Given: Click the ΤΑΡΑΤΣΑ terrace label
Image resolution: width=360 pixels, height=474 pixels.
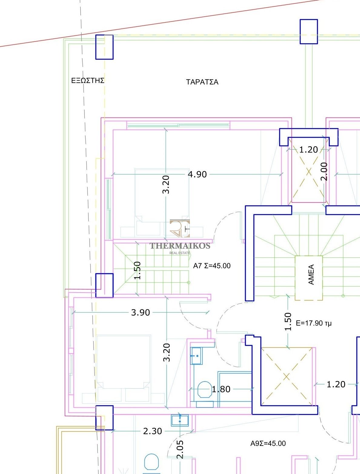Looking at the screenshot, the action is point(202,82).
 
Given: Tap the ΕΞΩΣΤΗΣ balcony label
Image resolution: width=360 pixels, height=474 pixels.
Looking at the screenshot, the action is point(88,81).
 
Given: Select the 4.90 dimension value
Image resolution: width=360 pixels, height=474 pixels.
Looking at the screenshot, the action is point(197,174).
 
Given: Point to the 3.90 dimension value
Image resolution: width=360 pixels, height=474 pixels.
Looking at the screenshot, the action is point(140,313).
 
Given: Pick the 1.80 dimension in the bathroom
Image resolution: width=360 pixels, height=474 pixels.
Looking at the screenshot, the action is point(221,389).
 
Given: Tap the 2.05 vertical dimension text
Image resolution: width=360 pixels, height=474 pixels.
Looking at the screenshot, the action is point(180,449).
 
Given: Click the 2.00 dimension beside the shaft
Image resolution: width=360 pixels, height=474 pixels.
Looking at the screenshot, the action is point(324,171).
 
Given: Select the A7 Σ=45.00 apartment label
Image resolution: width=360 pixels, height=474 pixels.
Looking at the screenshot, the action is point(212,266).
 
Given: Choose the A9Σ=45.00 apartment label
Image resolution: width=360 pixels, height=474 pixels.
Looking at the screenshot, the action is point(268,443).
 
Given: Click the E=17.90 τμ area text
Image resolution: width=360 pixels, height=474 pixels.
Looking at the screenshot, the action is point(314,323).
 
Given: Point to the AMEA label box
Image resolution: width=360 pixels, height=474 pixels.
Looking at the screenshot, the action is point(309,278).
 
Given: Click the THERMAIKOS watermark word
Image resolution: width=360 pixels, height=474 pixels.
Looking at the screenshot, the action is point(180,246).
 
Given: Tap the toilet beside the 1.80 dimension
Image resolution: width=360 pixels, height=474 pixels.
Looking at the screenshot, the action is point(204,389).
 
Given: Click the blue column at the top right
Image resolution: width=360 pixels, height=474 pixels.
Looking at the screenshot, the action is point(309,31).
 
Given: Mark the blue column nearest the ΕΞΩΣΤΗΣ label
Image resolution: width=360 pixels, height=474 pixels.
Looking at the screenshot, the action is point(104,47).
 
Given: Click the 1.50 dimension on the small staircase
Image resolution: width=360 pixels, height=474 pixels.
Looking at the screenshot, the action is point(137,270).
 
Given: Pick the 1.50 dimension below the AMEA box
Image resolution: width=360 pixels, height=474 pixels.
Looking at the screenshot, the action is point(288,322).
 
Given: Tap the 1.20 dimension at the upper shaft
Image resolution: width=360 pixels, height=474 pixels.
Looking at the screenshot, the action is point(309,150).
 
